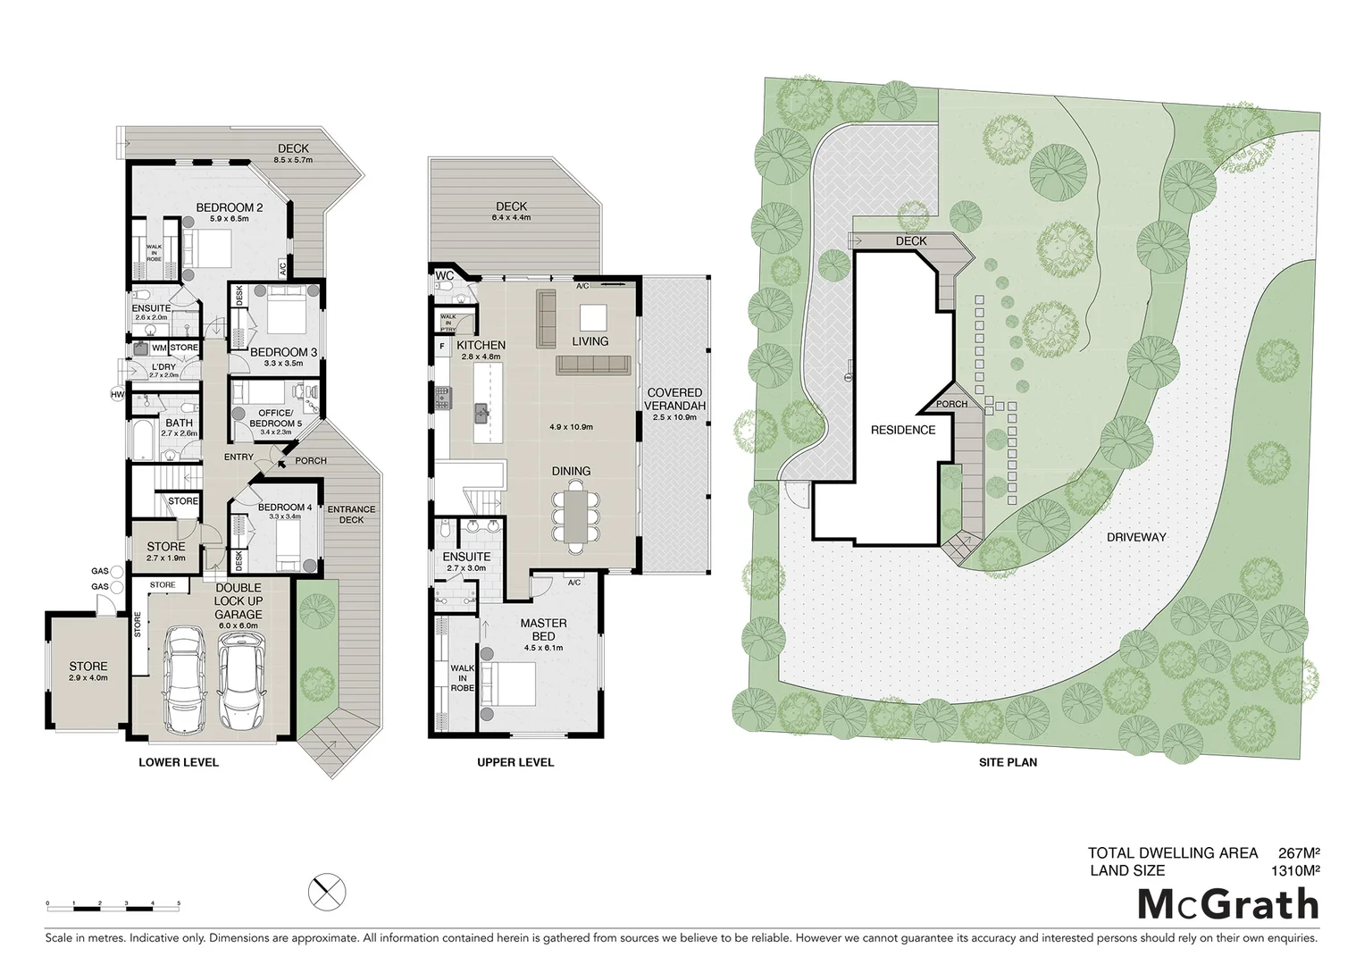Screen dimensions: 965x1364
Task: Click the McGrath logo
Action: [1228, 904]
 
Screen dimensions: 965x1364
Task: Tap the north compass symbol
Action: [327, 892]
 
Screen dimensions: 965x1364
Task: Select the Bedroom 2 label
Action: [230, 208]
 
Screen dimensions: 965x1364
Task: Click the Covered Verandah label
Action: [674, 399]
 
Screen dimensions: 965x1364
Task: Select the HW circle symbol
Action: [117, 394]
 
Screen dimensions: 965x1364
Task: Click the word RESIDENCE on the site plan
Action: [903, 430]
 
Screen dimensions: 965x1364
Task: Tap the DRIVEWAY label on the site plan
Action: [1136, 537]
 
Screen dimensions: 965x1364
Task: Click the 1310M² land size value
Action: [1295, 870]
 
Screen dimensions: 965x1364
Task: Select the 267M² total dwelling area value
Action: [1299, 853]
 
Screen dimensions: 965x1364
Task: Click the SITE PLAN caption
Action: [1008, 762]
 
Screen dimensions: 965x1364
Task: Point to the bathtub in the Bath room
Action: [143, 440]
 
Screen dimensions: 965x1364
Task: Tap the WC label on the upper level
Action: [444, 276]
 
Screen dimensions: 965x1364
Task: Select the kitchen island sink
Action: [481, 412]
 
